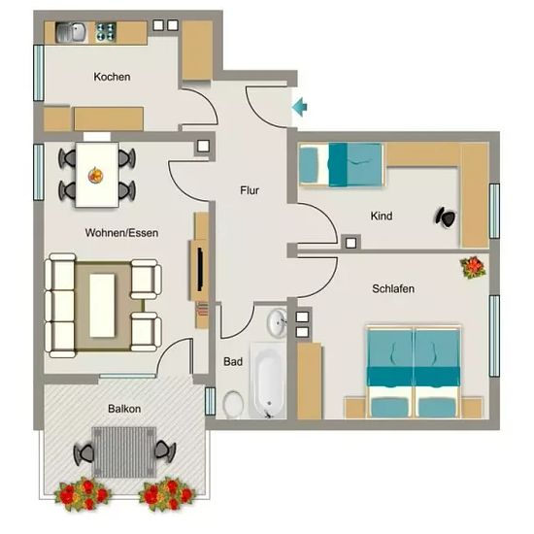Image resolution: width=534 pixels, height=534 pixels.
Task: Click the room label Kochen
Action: click(112, 77)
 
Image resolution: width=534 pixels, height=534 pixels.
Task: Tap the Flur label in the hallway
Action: click(250, 190)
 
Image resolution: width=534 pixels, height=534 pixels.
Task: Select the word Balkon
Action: click(124, 409)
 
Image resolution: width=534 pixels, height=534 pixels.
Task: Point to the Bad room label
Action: click(233, 361)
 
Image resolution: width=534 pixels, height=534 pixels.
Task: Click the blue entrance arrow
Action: click(300, 107)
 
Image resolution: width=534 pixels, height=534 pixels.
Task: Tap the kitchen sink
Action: click(71, 32)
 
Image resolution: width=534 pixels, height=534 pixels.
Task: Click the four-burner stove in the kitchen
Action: click(106, 32)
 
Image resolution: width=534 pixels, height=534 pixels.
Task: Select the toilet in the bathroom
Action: click(233, 404)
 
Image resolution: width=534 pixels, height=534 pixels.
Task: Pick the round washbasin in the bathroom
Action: click(277, 322)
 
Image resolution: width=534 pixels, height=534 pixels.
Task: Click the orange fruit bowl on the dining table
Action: click(96, 175)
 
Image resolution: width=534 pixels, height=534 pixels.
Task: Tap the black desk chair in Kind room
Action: click(446, 217)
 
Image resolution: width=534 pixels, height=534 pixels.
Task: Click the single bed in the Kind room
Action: click(341, 165)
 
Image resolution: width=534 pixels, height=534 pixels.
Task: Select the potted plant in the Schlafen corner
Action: click(473, 267)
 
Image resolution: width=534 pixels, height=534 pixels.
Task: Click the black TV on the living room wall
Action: click(200, 270)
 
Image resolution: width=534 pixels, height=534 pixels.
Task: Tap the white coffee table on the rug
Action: click(102, 306)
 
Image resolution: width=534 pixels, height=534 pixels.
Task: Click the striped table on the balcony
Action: click(124, 452)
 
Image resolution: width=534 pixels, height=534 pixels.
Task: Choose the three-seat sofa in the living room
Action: click(60, 306)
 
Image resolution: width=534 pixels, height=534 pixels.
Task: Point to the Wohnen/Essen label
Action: click(121, 233)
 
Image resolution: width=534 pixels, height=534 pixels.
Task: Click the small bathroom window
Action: click(211, 401)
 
